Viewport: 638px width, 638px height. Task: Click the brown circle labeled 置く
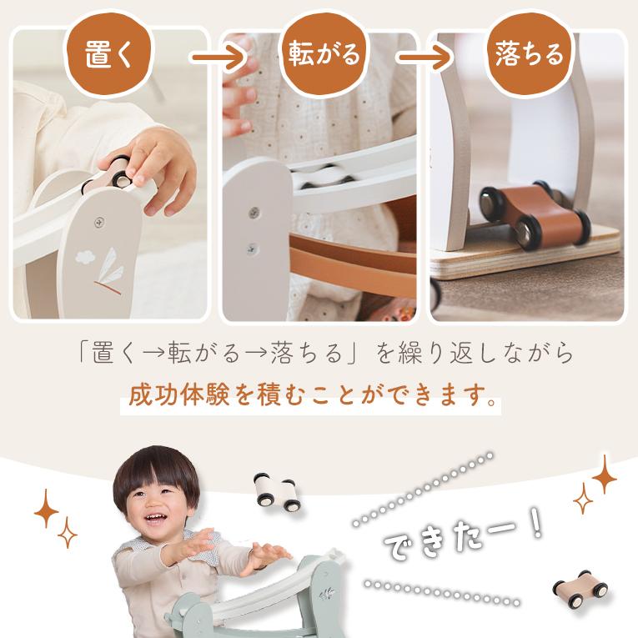108,54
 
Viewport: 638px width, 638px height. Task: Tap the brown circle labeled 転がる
324,54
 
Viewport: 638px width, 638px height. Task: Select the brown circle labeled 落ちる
530,54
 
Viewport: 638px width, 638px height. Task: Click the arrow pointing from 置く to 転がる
218,58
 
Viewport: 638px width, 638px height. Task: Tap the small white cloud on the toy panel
85,257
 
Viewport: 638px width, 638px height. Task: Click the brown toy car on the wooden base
535,215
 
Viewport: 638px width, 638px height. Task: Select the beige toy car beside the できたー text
580,588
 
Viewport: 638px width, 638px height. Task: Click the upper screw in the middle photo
254,211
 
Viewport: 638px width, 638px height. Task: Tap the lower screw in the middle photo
252,248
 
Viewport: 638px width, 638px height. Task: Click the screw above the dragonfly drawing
99,222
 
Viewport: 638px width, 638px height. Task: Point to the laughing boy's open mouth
155,518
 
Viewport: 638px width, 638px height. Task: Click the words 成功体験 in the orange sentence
179,394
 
